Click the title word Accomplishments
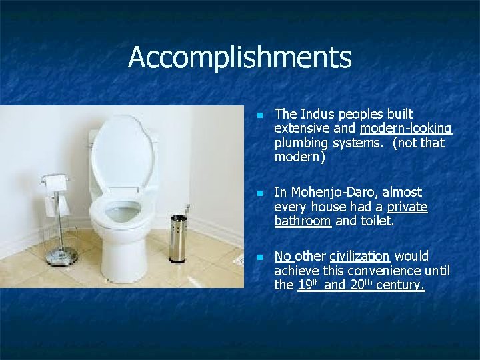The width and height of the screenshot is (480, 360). click(x=239, y=57)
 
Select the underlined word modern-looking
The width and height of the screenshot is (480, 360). click(x=406, y=129)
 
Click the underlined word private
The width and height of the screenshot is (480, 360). click(x=407, y=207)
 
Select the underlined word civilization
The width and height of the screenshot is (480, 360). click(x=359, y=256)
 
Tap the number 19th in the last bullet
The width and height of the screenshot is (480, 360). click(x=310, y=285)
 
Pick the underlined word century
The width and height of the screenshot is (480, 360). click(x=401, y=285)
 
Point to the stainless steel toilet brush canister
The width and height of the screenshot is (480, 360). click(x=178, y=239)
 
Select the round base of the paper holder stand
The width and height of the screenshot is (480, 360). click(x=62, y=256)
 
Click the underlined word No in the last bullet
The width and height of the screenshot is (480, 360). click(x=283, y=256)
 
